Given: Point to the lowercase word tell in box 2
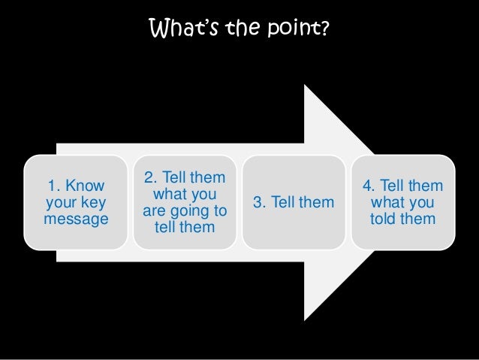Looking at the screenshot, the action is pos(165,226).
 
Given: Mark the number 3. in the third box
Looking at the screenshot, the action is pos(261,202).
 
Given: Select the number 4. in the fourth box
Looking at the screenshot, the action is pos(369,186).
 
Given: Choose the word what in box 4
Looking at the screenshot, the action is pos(387,202).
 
